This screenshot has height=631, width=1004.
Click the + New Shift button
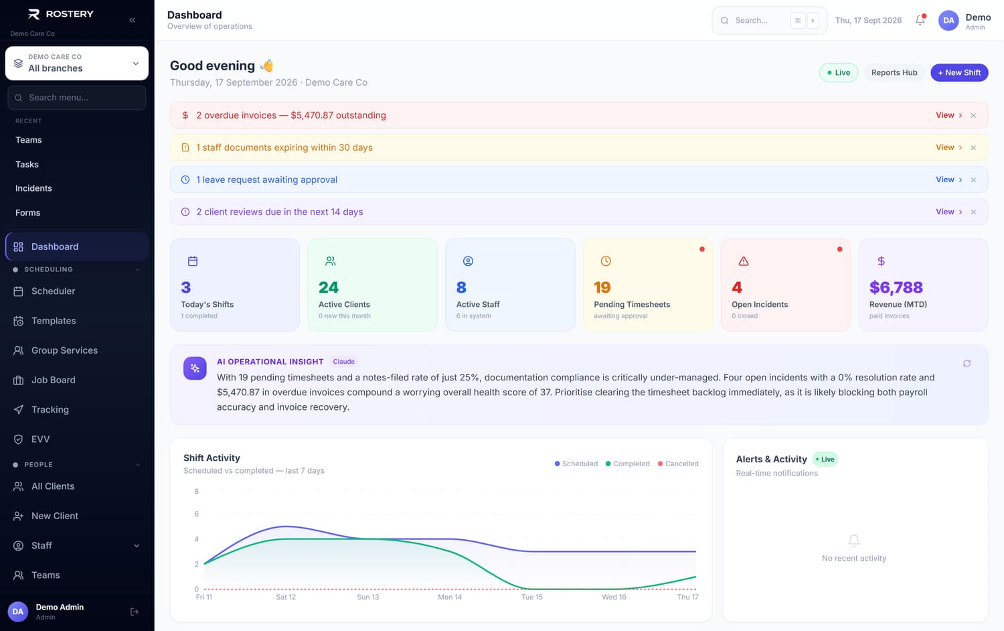click(959, 72)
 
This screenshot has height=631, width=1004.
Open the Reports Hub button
click(894, 72)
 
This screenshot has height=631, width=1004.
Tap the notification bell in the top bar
click(920, 20)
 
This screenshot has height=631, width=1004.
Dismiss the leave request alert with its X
click(973, 180)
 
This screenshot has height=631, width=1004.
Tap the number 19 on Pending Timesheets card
click(602, 287)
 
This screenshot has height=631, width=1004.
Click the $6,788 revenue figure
click(896, 287)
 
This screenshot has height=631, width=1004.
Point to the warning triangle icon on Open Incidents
click(743, 261)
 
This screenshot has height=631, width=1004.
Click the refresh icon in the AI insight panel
click(967, 363)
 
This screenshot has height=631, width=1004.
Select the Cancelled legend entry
click(677, 464)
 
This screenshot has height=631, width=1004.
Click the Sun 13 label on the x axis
click(367, 597)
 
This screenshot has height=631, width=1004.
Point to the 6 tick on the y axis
click(196, 514)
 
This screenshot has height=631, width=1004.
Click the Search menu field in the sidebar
click(77, 98)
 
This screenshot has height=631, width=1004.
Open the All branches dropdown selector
click(77, 63)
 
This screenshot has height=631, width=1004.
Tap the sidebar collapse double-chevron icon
click(133, 20)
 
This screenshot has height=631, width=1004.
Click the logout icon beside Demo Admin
click(134, 612)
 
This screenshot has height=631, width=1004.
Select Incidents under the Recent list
click(33, 188)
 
